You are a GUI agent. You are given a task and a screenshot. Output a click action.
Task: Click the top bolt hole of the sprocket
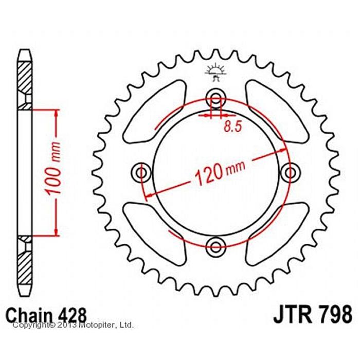tap(215, 99)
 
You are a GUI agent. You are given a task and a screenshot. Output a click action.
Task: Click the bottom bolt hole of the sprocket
tap(215, 247)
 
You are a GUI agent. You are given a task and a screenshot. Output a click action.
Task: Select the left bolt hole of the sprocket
tap(141, 172)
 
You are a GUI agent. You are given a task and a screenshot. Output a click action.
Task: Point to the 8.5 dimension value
tap(233, 127)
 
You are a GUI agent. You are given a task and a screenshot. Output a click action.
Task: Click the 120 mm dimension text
tap(220, 173)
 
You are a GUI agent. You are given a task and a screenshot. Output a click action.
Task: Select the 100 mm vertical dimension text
tap(53, 169)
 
